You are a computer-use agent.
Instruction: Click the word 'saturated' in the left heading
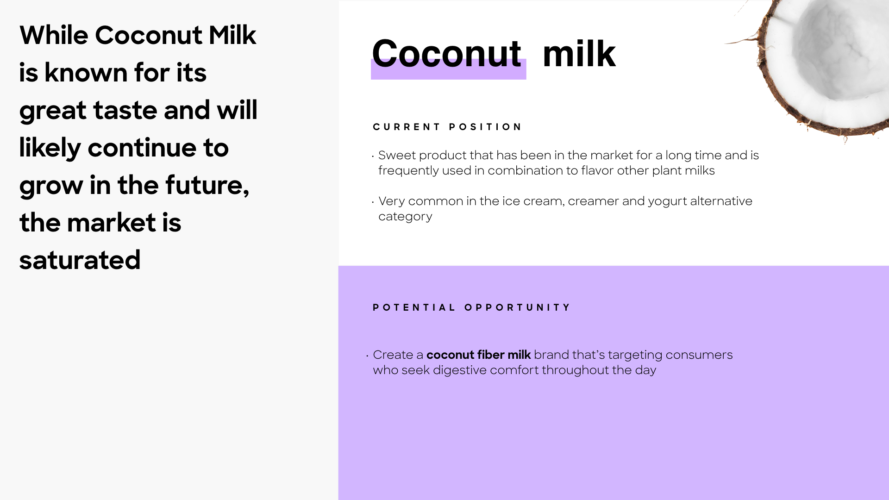point(80,260)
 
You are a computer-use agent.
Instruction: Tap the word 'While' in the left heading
point(54,35)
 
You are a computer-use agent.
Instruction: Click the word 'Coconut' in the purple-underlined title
point(447,53)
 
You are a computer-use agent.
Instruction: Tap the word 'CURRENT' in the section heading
point(407,127)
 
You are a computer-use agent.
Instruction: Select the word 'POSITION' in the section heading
point(485,127)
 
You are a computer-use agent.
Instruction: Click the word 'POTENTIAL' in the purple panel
point(414,307)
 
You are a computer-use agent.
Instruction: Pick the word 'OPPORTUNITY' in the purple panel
point(517,307)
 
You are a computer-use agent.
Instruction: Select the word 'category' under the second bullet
point(405,217)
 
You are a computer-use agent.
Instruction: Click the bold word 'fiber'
point(490,355)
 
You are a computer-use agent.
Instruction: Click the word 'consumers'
point(699,355)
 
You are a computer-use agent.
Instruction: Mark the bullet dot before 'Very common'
point(373,202)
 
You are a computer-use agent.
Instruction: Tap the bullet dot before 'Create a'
point(367,356)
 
